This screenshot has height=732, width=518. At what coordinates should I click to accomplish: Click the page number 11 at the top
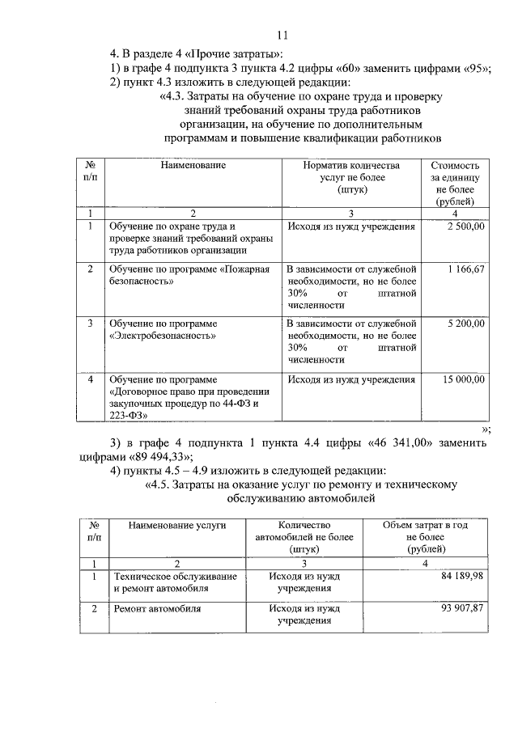[282, 35]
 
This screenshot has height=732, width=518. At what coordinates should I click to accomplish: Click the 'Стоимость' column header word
[461, 164]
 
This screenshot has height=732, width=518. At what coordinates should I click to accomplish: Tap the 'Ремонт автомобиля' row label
[157, 607]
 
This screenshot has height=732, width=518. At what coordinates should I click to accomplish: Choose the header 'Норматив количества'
[350, 164]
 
